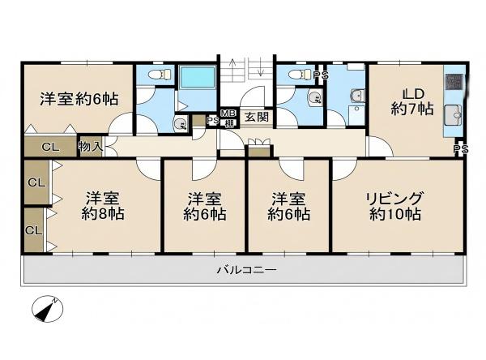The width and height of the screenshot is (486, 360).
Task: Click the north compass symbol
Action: [x=48, y=309]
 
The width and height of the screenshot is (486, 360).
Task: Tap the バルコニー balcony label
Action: [x=246, y=270]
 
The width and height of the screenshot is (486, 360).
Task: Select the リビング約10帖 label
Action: [x=395, y=206]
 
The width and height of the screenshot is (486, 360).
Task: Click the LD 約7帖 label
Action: [x=412, y=101]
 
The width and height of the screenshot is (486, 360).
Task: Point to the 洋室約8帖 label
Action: [x=103, y=206]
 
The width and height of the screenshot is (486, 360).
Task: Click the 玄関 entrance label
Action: [x=257, y=117]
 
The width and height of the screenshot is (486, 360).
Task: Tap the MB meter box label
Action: [x=228, y=113]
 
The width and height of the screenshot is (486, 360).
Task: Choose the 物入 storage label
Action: [x=91, y=147]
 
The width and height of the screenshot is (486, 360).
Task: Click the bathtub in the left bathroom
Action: [x=198, y=77]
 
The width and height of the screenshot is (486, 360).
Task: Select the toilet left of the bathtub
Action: [x=160, y=74]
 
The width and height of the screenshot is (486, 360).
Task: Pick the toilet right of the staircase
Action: [x=299, y=74]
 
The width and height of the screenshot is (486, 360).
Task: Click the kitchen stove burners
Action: [x=454, y=82]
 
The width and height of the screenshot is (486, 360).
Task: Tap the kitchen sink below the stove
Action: [x=454, y=115]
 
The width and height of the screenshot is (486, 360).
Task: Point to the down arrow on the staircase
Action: [x=260, y=67]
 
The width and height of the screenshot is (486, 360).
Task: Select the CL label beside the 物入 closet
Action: [x=50, y=147]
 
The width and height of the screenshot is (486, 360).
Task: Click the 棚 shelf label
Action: [x=229, y=123]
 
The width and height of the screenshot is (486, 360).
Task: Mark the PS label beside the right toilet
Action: [x=321, y=75]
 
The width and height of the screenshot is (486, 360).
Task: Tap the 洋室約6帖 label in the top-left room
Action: [x=79, y=99]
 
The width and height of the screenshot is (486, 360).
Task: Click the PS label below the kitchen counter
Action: [x=461, y=149]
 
